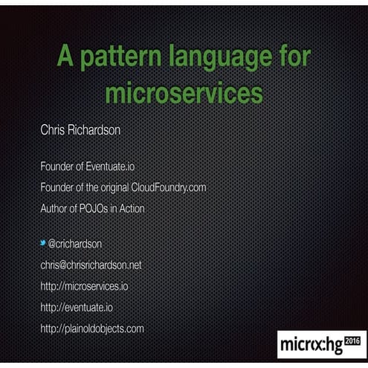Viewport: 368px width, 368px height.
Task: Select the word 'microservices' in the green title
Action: (x=184, y=94)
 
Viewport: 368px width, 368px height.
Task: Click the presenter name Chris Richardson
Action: (x=80, y=130)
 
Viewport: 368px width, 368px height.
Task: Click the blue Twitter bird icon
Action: (x=43, y=242)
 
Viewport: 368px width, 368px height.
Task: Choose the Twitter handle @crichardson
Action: (x=75, y=244)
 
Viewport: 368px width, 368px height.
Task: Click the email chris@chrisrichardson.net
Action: (x=91, y=265)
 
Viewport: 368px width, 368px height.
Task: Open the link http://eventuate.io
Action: (x=77, y=306)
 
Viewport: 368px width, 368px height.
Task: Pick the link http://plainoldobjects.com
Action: (x=91, y=328)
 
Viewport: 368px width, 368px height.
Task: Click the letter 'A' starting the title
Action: (x=63, y=60)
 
